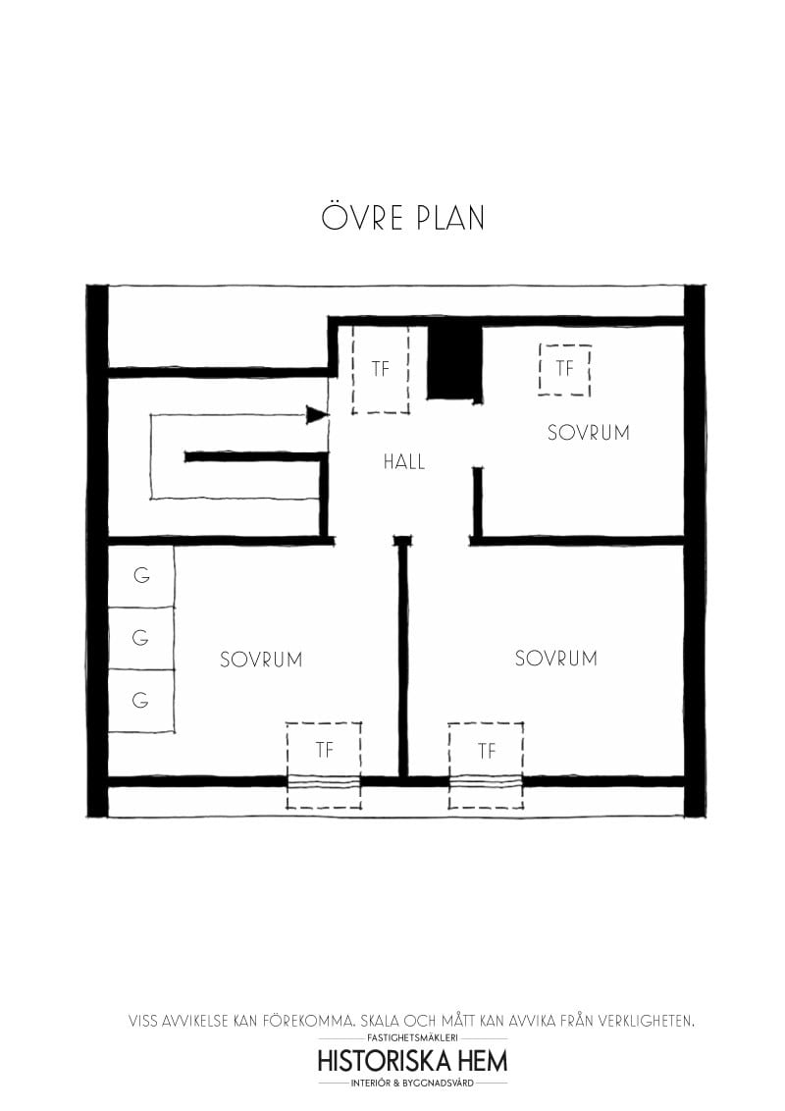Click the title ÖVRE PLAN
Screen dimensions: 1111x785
click(402, 217)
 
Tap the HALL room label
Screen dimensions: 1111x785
click(404, 462)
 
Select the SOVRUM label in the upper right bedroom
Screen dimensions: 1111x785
click(588, 433)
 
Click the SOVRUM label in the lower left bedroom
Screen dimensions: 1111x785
click(261, 660)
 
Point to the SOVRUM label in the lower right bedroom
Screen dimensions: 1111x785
click(555, 659)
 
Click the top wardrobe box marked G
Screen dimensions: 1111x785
click(141, 576)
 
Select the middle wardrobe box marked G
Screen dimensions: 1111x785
click(141, 638)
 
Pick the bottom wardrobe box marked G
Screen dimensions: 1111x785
click(141, 701)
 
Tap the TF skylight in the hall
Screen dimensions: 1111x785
click(381, 370)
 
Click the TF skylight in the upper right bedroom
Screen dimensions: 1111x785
click(564, 369)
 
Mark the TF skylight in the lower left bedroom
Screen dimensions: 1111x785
click(324, 751)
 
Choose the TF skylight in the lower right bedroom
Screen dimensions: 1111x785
click(486, 752)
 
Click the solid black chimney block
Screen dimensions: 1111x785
click(455, 361)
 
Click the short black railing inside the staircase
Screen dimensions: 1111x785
click(253, 456)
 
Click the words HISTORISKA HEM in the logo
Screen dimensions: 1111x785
click(412, 1061)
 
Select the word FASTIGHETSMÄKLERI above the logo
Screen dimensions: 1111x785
click(412, 1037)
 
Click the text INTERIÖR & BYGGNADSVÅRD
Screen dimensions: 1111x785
click(412, 1083)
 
